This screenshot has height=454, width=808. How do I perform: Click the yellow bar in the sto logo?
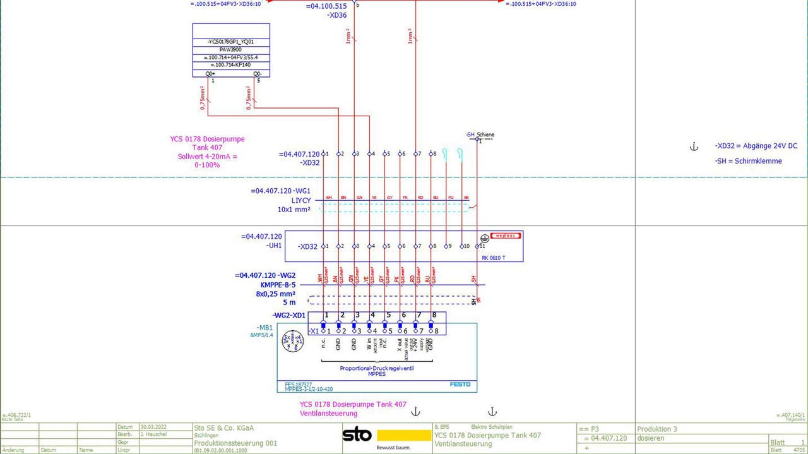[404, 435]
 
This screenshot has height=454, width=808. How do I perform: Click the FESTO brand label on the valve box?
[460, 384]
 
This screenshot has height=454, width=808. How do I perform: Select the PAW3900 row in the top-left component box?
[231, 49]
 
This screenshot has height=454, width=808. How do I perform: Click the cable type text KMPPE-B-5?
[278, 285]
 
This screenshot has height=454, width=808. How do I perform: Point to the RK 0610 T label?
[493, 258]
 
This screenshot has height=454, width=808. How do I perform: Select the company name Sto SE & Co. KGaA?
[224, 427]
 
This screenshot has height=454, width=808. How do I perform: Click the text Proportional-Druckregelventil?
[377, 368]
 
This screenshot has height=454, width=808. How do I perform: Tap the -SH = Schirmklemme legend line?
[748, 161]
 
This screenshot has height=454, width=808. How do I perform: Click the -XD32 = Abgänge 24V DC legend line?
[756, 146]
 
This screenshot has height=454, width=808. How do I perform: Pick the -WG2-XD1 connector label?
[289, 316]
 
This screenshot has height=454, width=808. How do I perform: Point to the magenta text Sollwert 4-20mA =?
[207, 156]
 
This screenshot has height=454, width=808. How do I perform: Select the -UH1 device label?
[273, 246]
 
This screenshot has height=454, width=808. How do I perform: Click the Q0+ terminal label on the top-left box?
[211, 74]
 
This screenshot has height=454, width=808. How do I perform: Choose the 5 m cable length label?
[289, 302]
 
